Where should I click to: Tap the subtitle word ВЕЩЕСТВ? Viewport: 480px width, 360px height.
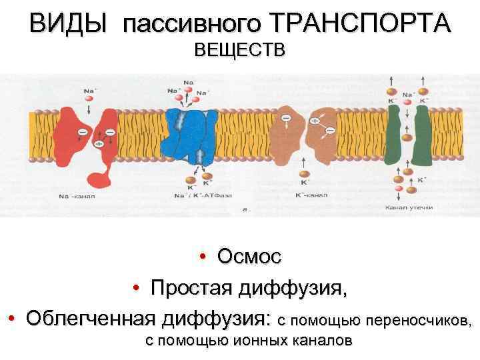point(239,50)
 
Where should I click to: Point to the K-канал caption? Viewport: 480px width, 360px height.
point(310,197)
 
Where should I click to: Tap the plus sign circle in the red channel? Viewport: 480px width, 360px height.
point(99,143)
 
